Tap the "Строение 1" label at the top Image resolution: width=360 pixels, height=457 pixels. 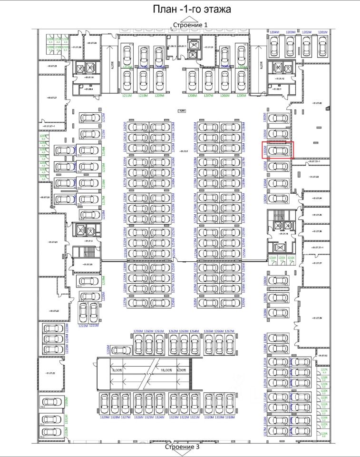coord(190,24)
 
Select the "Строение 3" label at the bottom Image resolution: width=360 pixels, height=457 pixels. coord(182,447)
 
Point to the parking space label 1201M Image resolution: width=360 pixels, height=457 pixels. coord(322,32)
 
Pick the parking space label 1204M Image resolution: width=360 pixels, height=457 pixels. coord(274,32)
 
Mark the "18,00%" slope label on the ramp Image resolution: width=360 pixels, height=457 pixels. coord(166,370)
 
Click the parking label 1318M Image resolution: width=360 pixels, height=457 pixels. coord(230,417)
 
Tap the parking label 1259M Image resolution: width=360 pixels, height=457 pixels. coord(138,331)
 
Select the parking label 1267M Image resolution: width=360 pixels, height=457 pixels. coord(230,331)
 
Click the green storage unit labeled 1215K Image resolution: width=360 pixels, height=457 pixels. coord(283,259)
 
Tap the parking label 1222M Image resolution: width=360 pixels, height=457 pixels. coord(83,326)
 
